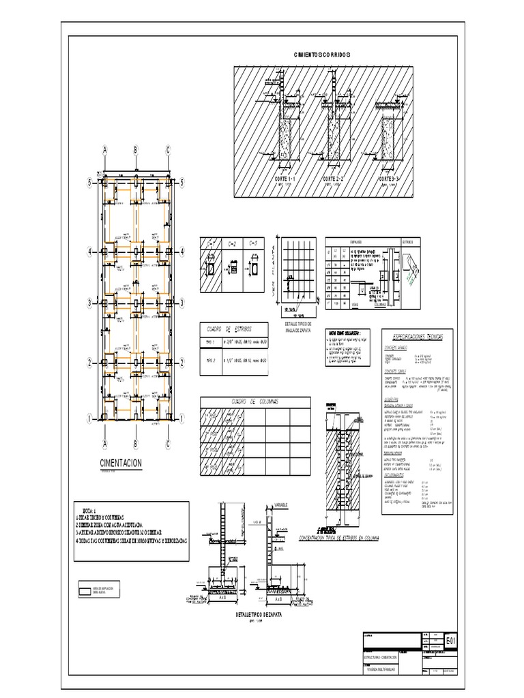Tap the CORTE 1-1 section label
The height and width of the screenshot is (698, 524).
tap(284, 179)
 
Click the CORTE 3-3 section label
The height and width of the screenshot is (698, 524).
tap(391, 179)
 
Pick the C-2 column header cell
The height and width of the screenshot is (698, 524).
tap(231, 243)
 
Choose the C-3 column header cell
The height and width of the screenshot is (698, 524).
tap(252, 243)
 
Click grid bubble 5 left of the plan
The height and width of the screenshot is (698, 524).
tap(88, 183)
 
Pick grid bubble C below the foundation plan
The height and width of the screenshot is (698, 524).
tap(167, 444)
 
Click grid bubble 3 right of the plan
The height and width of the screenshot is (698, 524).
tap(183, 302)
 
